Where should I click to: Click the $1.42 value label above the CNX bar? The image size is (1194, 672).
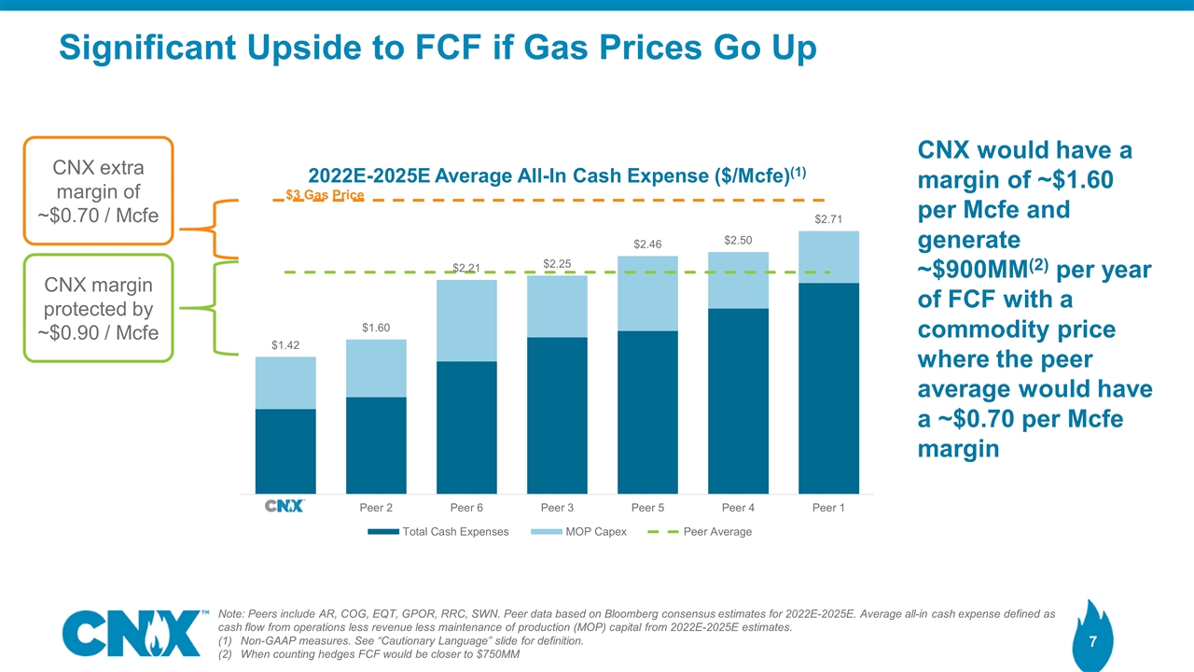tap(285, 346)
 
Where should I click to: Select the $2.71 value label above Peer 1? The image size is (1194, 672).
tap(828, 220)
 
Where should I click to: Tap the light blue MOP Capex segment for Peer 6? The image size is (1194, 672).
tap(466, 320)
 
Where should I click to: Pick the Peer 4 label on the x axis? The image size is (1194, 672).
tap(738, 508)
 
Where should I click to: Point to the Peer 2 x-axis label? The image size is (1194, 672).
tap(376, 508)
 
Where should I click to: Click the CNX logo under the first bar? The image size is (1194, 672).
tap(285, 507)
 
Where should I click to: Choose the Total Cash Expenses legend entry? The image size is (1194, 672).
tap(438, 532)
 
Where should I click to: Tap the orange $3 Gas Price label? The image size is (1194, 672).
tap(324, 194)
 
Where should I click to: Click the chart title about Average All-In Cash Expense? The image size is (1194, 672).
tap(557, 175)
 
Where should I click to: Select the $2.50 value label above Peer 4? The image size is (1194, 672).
tap(738, 241)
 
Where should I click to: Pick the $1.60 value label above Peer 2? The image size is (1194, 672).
tap(376, 328)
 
